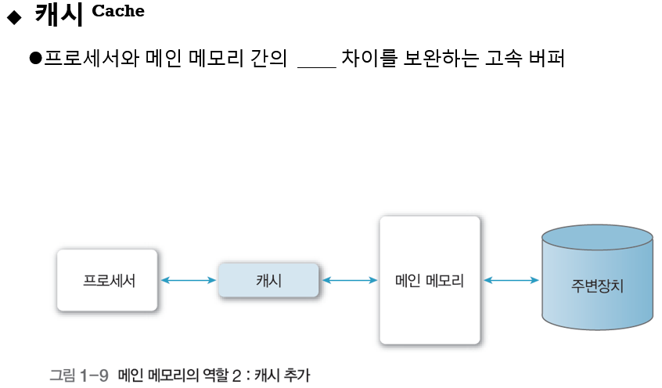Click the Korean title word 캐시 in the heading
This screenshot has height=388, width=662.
click(58, 15)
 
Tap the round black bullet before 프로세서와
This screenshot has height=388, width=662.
click(34, 59)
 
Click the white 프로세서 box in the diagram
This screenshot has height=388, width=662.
click(107, 280)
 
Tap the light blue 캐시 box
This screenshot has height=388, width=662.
click(268, 280)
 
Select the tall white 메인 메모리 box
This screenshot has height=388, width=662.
click(430, 280)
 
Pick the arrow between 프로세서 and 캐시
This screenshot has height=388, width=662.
click(188, 280)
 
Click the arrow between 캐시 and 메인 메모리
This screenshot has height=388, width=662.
click(350, 280)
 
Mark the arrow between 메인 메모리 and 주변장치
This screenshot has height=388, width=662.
click(511, 280)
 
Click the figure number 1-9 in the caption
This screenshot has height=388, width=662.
click(94, 375)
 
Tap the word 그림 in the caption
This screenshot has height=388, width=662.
click(63, 375)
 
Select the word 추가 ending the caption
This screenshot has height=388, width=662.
click(298, 375)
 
